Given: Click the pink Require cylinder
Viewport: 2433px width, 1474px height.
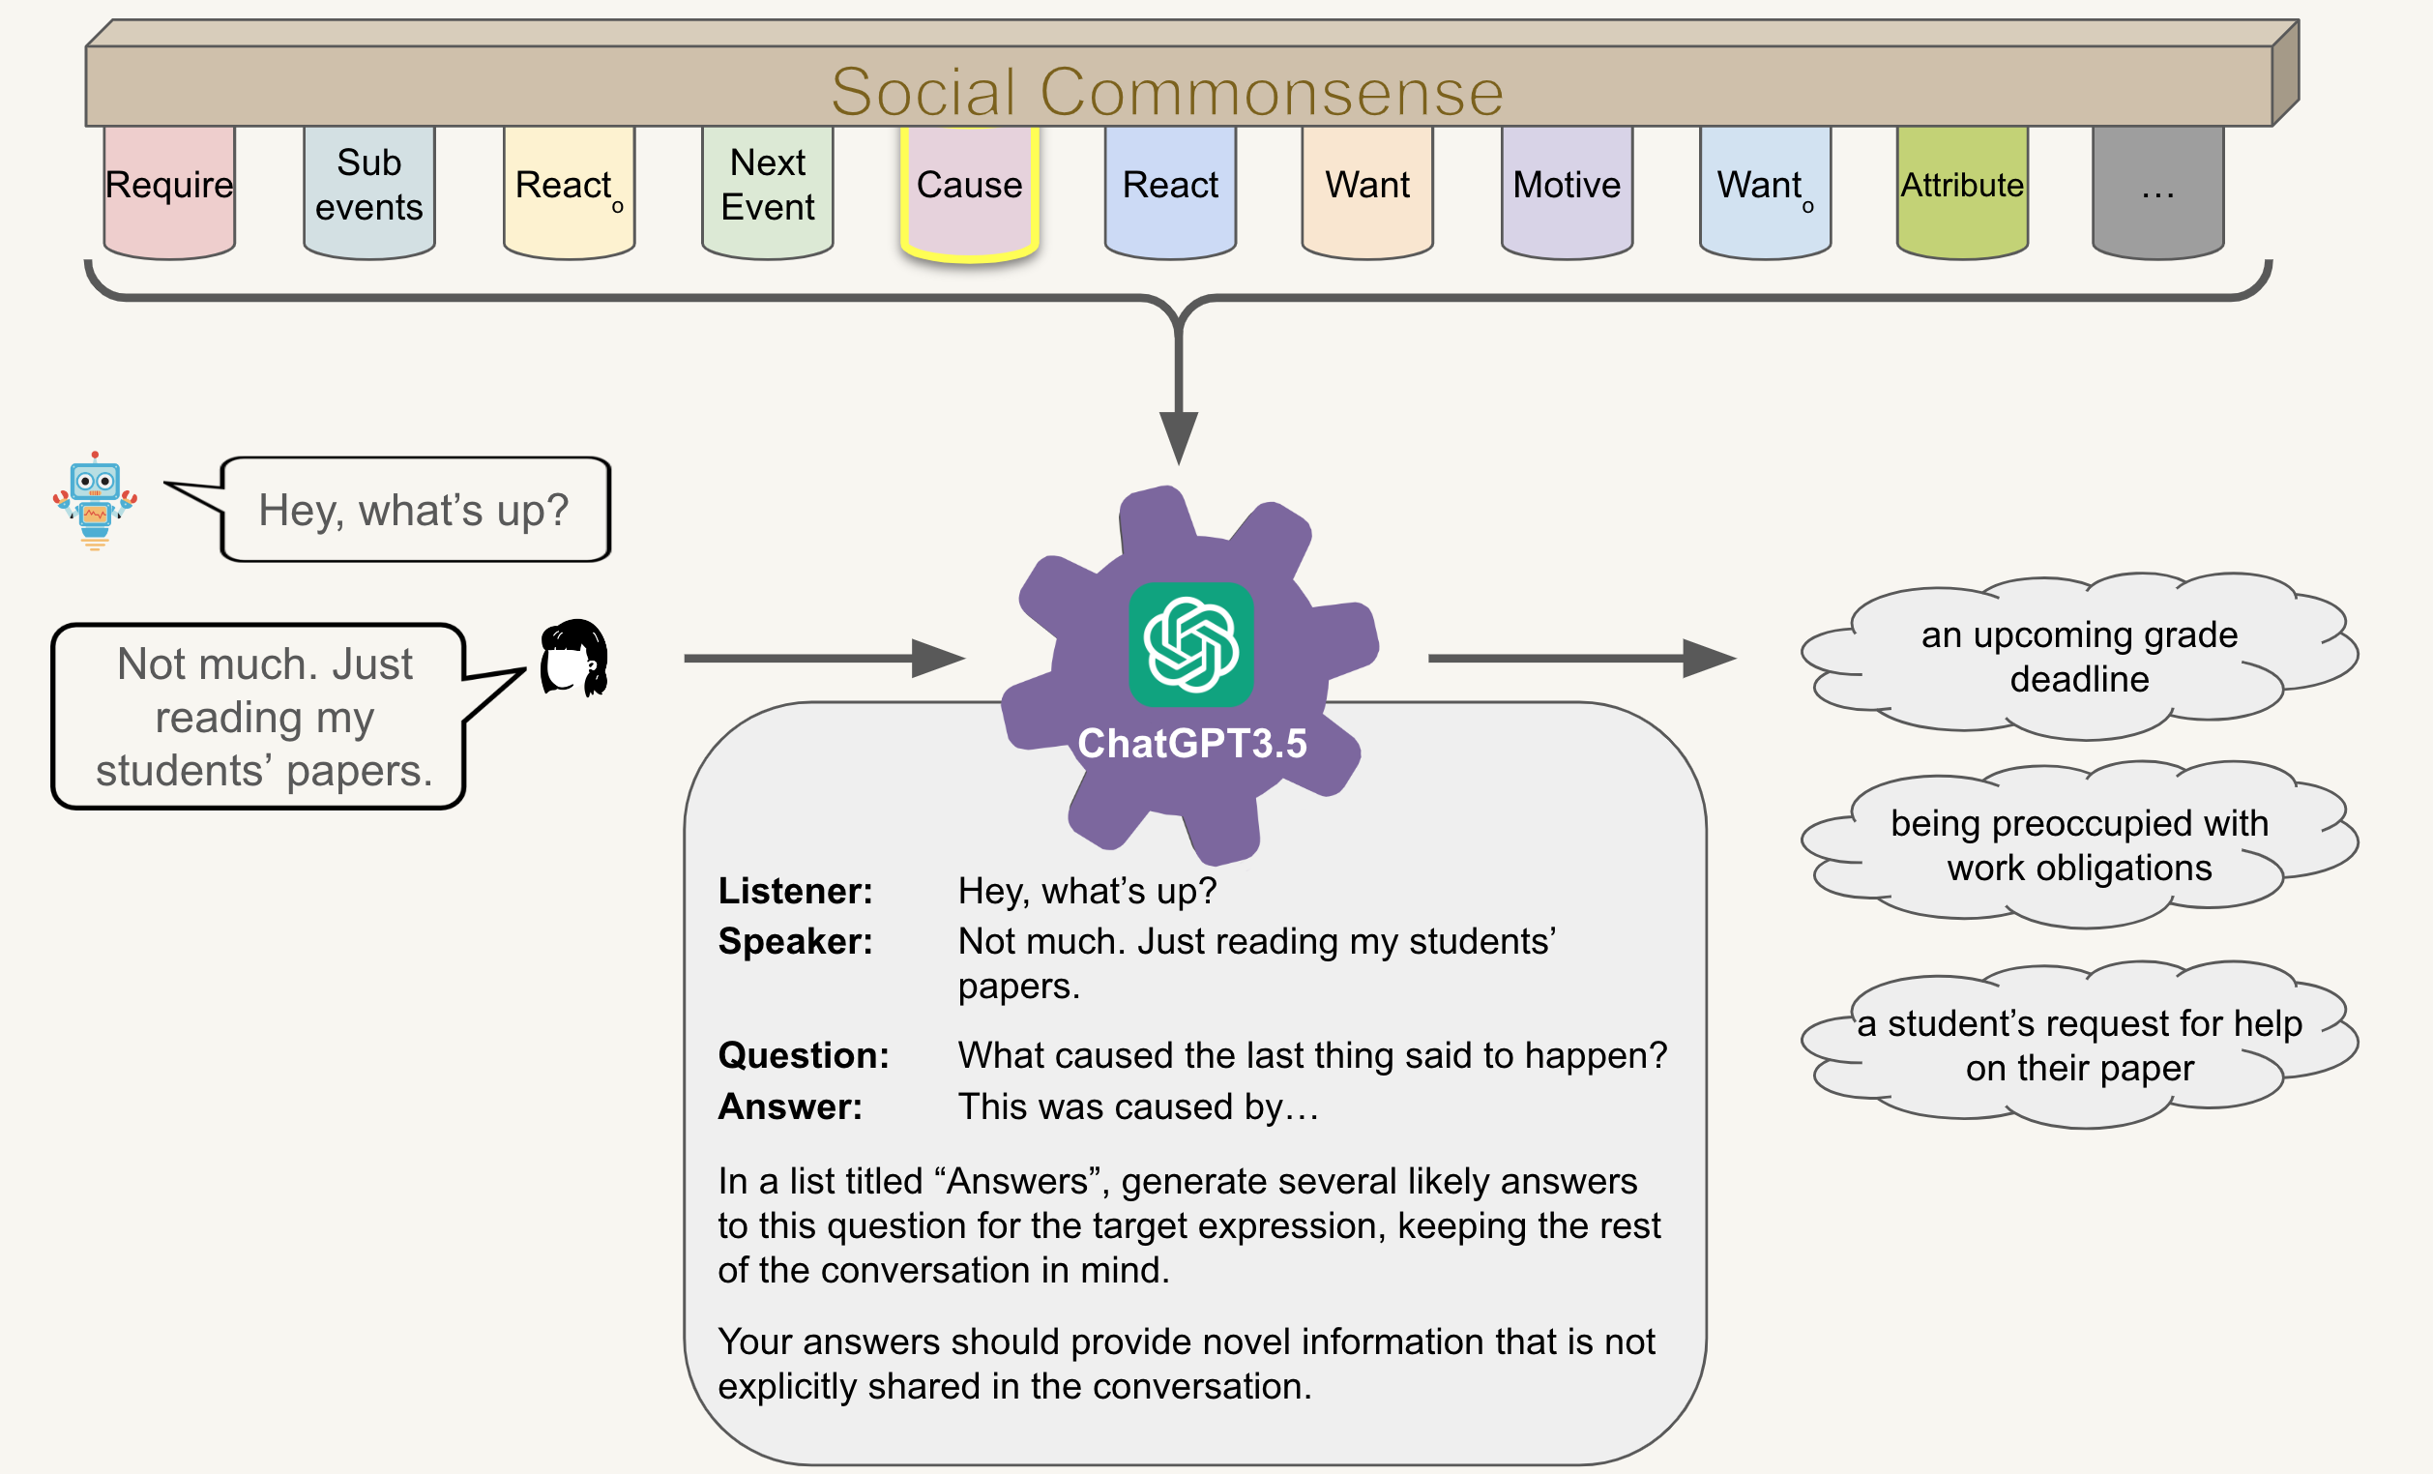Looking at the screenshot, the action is point(170,192).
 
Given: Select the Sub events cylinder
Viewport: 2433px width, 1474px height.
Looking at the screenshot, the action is point(369,192).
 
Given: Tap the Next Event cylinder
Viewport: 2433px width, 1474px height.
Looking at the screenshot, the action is point(767,192).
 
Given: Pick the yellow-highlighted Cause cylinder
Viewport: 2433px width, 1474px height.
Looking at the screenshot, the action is point(969,193).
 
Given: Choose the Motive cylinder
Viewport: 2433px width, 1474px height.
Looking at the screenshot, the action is point(1566,192).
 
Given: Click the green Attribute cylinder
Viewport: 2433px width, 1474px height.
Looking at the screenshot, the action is point(1962,192).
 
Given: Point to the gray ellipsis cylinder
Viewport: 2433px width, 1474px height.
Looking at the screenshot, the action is point(2157,192).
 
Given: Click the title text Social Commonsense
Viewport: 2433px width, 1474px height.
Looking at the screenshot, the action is point(1166,92).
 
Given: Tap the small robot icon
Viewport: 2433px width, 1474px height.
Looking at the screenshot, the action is point(95,501).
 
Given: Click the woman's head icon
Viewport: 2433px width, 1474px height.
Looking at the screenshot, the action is point(573,658).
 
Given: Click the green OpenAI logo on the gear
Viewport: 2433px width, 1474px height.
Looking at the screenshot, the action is point(1190,644).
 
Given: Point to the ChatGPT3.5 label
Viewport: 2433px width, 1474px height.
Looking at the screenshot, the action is point(1191,743).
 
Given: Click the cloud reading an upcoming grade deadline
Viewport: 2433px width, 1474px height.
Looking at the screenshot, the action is point(2079,657).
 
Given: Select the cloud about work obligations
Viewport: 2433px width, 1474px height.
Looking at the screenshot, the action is point(2079,845).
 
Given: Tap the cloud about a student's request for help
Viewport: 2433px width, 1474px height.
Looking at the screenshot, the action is point(2079,1045).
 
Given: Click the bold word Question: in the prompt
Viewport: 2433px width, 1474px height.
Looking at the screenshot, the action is point(803,1055).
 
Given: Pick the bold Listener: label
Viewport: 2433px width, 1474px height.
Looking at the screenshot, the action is point(795,891).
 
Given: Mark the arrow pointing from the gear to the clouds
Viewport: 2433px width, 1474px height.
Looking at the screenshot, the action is point(1582,658).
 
